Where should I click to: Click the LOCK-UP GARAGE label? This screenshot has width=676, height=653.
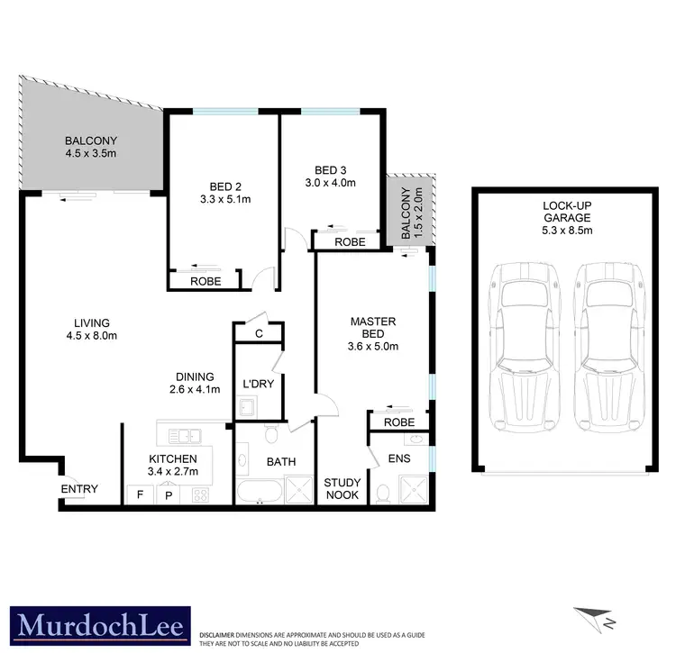[566, 219]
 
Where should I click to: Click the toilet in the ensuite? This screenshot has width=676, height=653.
[384, 494]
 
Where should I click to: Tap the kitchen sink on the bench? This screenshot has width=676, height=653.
[187, 437]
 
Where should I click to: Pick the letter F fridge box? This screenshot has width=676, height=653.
[140, 494]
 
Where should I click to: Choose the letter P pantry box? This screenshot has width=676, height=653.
[168, 494]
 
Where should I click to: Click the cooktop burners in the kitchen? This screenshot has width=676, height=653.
[199, 494]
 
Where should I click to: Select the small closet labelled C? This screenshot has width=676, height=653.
[259, 333]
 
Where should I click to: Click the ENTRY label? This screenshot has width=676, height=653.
[79, 489]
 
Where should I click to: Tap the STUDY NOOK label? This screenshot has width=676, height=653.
[342, 489]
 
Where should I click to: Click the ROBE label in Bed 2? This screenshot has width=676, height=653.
[207, 281]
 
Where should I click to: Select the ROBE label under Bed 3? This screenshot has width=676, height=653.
[350, 241]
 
